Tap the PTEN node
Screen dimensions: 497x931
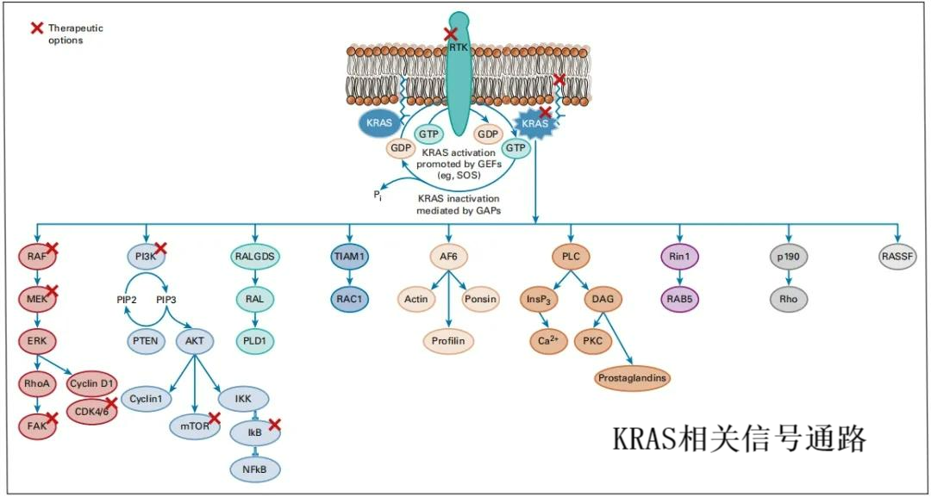[x=145, y=340]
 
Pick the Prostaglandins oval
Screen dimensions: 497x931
[x=632, y=377]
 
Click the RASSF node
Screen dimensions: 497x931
[x=897, y=257]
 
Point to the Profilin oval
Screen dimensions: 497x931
[x=448, y=341]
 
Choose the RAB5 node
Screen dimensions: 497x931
[x=680, y=299]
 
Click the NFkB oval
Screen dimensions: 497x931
[x=255, y=468]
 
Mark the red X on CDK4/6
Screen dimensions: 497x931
[x=111, y=402]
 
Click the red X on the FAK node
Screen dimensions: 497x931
[x=52, y=418]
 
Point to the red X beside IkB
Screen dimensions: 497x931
[x=274, y=424]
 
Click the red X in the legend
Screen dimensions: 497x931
[x=37, y=28]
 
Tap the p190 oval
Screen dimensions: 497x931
[x=789, y=257]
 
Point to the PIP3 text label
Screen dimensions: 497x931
[x=166, y=299]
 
